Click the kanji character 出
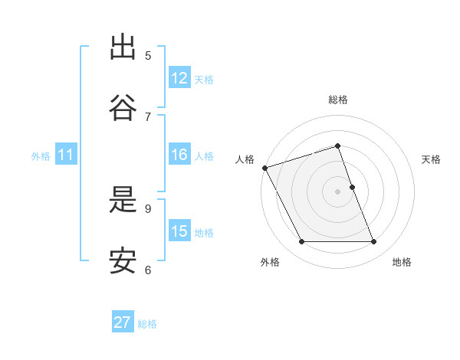(x=123, y=47)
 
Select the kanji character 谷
(x=123, y=108)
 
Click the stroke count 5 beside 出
(x=148, y=55)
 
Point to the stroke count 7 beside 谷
(x=148, y=116)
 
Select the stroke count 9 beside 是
(x=148, y=208)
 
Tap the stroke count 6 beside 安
(x=148, y=270)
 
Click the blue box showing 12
(x=179, y=78)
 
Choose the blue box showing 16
(x=179, y=155)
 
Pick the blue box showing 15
(x=179, y=231)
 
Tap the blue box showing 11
(x=66, y=155)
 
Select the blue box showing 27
(x=123, y=322)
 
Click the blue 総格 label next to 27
(x=147, y=324)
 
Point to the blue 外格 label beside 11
(x=41, y=156)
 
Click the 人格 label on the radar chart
(x=245, y=159)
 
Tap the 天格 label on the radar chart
(x=431, y=159)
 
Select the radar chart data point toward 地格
(x=374, y=242)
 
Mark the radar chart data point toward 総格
(x=337, y=146)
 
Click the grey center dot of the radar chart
(x=337, y=191)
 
